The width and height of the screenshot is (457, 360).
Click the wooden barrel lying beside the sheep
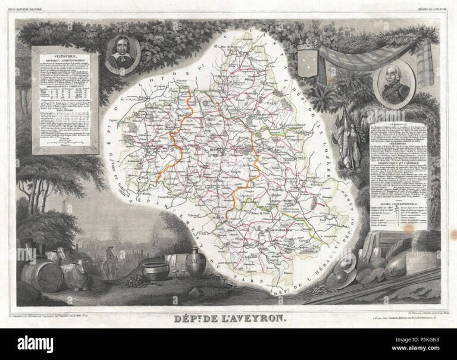tap(42, 275)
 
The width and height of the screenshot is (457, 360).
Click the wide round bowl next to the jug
tap(156, 271)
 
